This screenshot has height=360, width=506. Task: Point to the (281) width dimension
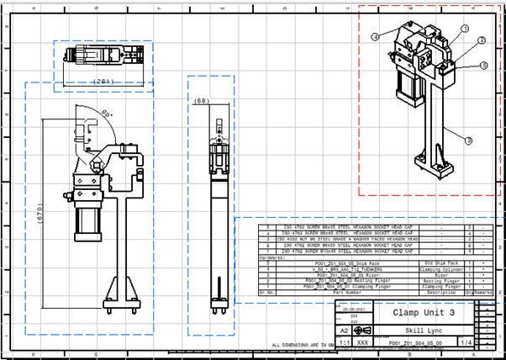103,82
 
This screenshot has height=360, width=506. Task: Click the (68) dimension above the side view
202,101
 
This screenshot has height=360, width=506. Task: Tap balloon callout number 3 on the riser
468,140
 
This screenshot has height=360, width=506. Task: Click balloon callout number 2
482,40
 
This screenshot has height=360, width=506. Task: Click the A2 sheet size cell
344,331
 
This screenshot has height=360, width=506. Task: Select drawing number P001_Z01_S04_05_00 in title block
410,344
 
